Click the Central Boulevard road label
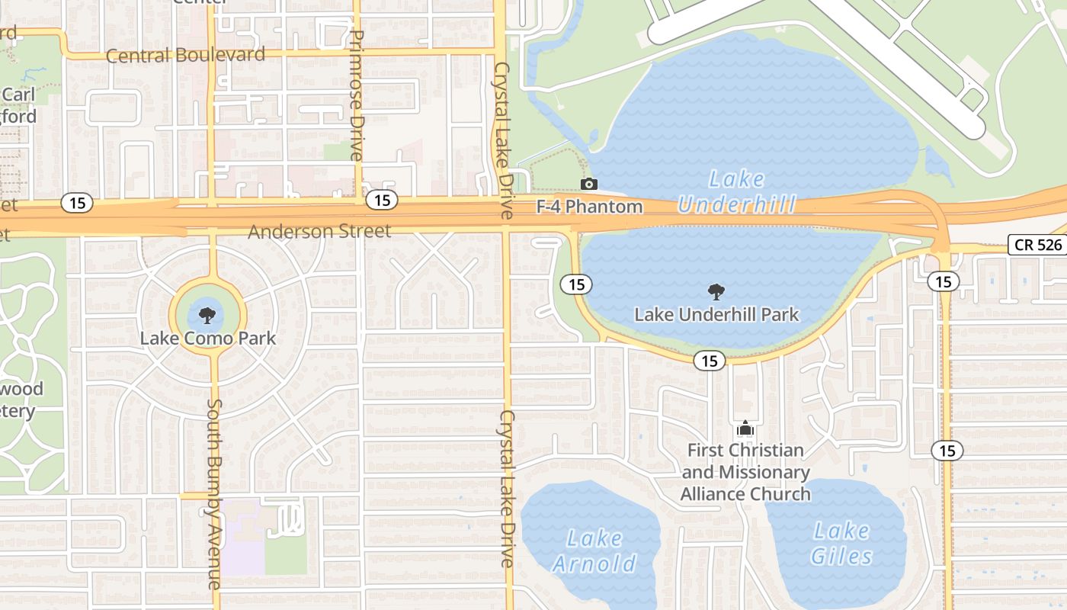click(185, 55)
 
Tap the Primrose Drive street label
click(356, 95)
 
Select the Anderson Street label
click(319, 230)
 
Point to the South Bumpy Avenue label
click(214, 494)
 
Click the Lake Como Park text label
click(208, 338)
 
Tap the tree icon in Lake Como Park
click(207, 314)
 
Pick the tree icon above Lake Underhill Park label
click(716, 291)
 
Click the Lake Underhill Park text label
click(716, 314)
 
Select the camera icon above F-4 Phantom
click(588, 184)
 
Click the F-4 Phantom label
click(590, 206)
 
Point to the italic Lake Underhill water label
click(736, 191)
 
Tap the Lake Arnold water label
click(594, 551)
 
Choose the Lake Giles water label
click(841, 543)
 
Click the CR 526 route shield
click(1037, 245)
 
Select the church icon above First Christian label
click(745, 429)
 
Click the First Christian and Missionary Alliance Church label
click(745, 472)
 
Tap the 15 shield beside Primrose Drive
click(382, 200)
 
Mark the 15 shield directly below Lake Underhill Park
click(710, 361)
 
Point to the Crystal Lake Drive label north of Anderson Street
click(503, 141)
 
